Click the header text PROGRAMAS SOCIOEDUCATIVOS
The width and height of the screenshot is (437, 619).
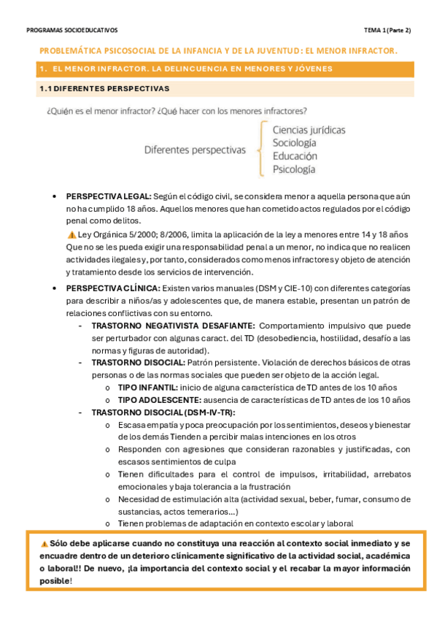pos(71,31)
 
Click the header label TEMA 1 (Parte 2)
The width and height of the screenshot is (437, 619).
pos(387,31)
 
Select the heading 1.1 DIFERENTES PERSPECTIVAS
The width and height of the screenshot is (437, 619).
pos(104,88)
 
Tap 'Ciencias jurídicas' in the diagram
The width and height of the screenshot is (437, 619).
pos(309,130)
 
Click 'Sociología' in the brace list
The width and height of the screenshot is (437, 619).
pos(295,143)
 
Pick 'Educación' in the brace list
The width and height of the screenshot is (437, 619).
pos(295,156)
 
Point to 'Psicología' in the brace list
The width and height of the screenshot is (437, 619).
pos(294,169)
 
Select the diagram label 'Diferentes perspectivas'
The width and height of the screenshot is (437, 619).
pos(195,150)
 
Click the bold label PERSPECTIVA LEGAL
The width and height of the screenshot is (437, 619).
pos(109,197)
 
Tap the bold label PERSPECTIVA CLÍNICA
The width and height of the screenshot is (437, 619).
pos(113,288)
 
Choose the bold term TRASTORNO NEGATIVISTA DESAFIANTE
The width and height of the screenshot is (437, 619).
pos(173,326)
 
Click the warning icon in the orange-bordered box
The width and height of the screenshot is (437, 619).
pos(45,544)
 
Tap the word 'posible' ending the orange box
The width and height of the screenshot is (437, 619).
pos(55,581)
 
